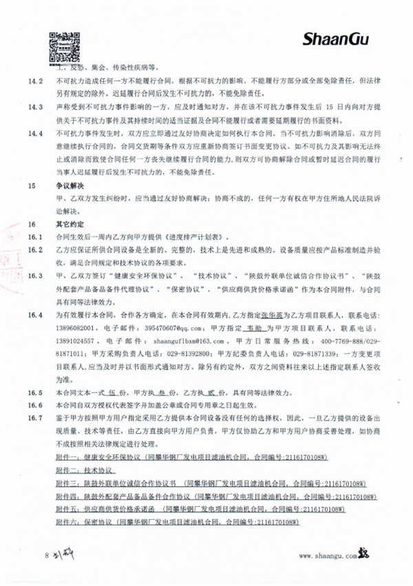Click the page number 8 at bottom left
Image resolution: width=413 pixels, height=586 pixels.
point(47,554)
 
